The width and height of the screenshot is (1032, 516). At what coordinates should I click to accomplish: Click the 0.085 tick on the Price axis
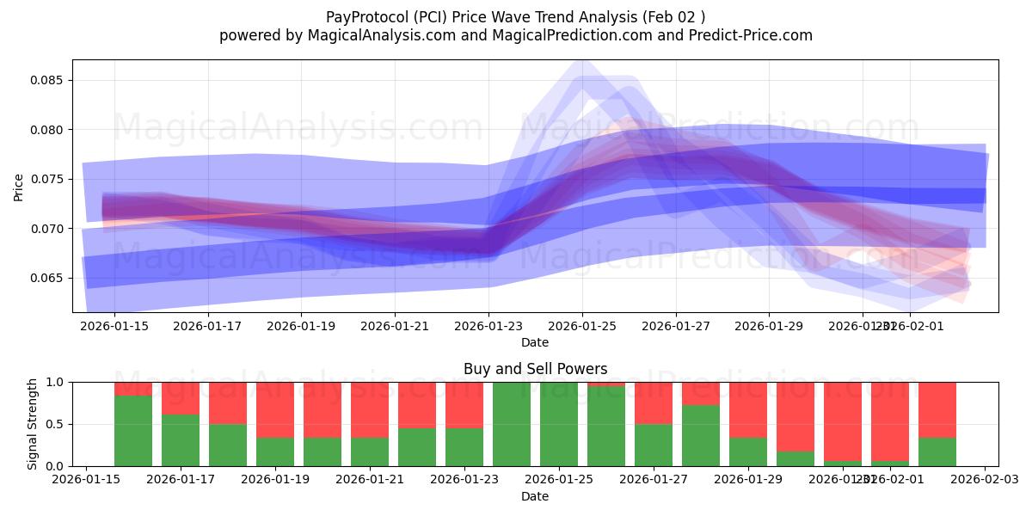pos(49,80)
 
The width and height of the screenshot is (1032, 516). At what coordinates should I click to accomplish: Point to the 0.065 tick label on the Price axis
pos(49,278)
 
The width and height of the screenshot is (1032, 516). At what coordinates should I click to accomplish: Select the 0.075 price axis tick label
pos(49,179)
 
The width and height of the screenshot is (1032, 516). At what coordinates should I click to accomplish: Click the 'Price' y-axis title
pos(19,186)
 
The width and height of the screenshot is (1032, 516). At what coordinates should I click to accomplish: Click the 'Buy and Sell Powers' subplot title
pos(535,369)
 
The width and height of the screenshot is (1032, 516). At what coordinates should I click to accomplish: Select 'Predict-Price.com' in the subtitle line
pos(754,35)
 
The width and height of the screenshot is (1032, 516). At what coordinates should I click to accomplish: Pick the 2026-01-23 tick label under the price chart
pos(488,326)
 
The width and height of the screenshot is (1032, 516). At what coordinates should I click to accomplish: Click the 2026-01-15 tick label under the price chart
pos(114,326)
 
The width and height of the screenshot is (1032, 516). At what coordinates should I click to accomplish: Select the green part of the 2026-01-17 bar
pos(181,440)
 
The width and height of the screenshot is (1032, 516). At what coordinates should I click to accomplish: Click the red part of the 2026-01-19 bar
pos(275,409)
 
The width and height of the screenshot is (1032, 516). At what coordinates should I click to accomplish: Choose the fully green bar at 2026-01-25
pos(558,424)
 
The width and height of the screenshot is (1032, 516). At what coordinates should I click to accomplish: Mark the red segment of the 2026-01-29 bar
pos(747,409)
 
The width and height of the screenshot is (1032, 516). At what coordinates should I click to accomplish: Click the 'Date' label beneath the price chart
pos(535,342)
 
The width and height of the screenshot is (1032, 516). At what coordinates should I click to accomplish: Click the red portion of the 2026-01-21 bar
pos(369,409)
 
